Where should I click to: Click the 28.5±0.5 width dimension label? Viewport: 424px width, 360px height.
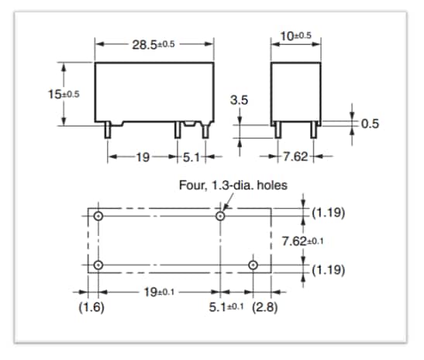[154, 44]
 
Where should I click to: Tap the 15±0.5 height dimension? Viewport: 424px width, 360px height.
[60, 93]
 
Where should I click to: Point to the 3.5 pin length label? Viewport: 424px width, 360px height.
[240, 100]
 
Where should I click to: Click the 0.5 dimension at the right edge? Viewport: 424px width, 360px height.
[371, 124]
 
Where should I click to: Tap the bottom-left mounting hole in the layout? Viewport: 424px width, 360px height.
[98, 266]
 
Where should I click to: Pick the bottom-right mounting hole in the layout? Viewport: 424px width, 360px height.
[253, 266]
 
